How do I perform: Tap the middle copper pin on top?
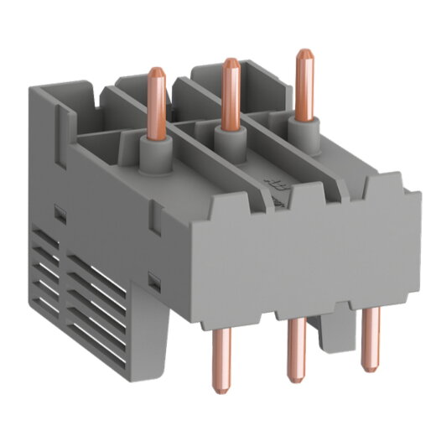pos(226,92)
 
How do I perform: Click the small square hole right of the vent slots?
pos(153,277)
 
